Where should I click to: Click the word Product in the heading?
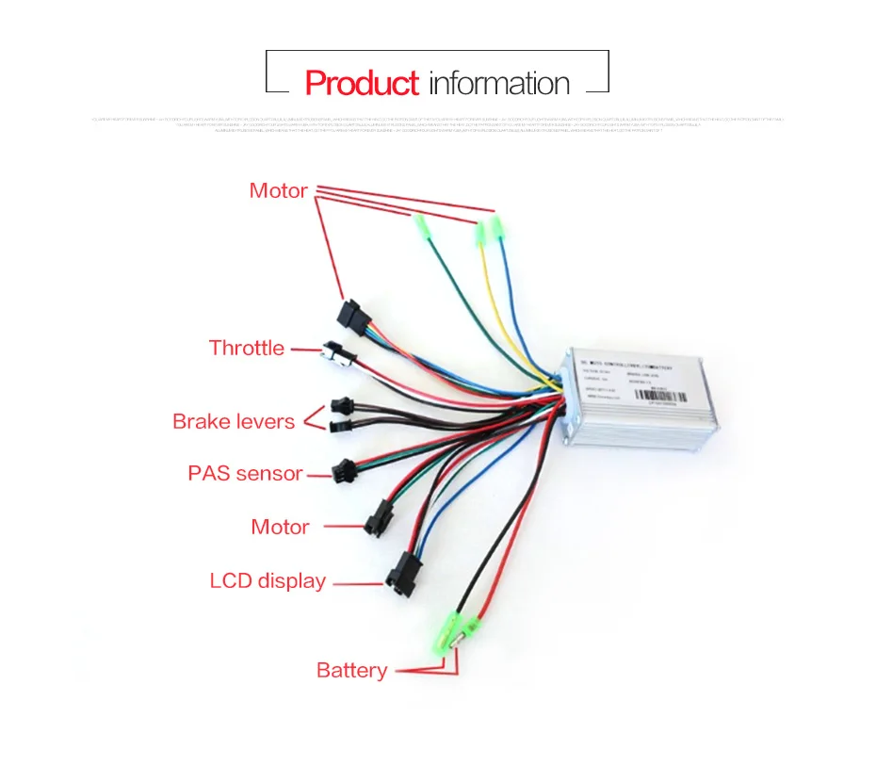pyautogui.click(x=361, y=83)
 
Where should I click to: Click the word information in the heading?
pyautogui.click(x=499, y=83)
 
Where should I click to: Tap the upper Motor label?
pyautogui.click(x=278, y=190)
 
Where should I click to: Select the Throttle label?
pyautogui.click(x=246, y=348)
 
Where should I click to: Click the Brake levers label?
pyautogui.click(x=234, y=421)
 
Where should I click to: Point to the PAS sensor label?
pyautogui.click(x=245, y=473)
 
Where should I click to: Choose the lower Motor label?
pyautogui.click(x=280, y=527)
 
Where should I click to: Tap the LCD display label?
pyautogui.click(x=268, y=580)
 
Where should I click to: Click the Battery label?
pyautogui.click(x=351, y=670)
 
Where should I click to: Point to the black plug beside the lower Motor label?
pyautogui.click(x=380, y=515)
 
